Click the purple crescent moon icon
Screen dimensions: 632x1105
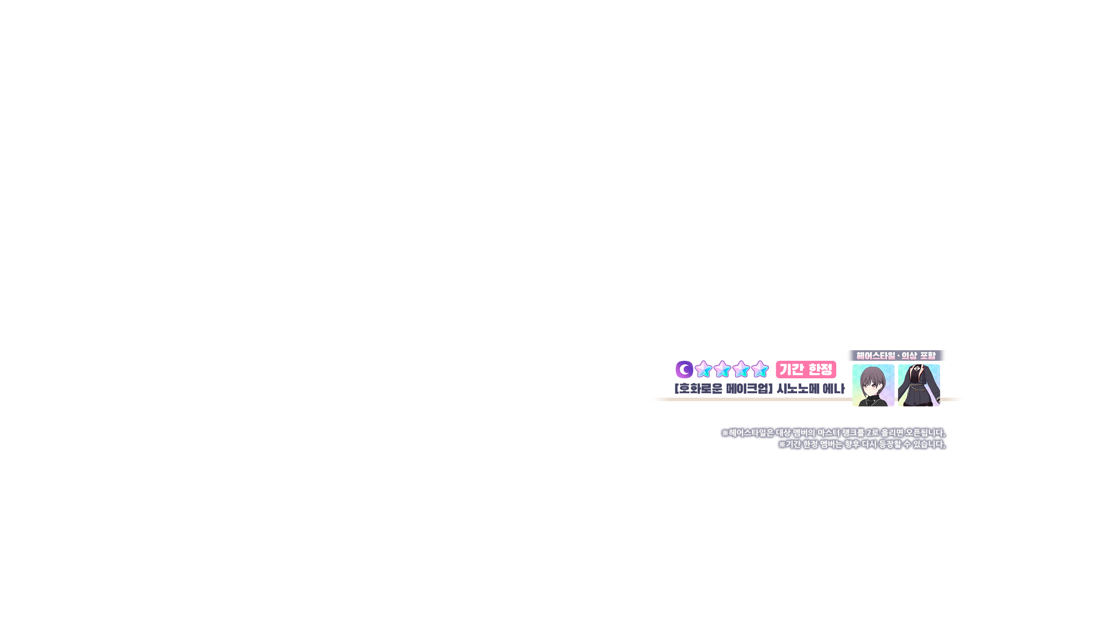click(684, 370)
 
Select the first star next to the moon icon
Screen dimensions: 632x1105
click(703, 370)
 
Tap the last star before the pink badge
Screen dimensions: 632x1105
click(760, 370)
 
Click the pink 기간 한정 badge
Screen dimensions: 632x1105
click(806, 369)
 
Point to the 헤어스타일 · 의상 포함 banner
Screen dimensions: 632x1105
click(896, 355)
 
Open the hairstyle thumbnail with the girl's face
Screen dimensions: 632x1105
click(873, 385)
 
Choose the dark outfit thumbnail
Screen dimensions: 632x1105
click(919, 385)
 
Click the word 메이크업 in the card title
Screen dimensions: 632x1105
click(749, 389)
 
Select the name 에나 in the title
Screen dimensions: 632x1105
click(833, 389)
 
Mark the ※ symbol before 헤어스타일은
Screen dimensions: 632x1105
click(725, 433)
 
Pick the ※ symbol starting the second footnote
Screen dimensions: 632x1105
click(782, 445)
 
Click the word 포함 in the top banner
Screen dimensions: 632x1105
click(927, 355)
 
